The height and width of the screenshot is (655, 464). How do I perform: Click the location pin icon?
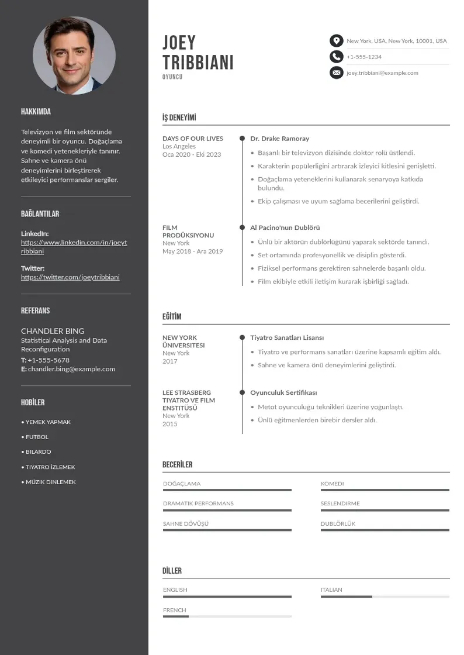336,41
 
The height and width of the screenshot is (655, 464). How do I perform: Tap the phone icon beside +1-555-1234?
336,57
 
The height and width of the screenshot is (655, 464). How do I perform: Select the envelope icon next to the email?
336,73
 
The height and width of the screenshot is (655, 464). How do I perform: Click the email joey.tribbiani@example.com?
382,73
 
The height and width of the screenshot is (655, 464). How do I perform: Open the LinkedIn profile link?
74,247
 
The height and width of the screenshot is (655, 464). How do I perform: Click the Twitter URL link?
70,277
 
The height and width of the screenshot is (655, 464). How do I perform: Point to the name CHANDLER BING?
53,331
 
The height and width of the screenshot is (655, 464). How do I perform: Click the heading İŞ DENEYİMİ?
179,118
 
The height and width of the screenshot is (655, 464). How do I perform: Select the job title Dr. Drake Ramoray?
279,139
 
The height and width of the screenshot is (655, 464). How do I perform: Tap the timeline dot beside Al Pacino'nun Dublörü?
242,227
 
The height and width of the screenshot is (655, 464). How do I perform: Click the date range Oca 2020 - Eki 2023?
192,154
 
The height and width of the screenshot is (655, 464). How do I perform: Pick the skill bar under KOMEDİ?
385,490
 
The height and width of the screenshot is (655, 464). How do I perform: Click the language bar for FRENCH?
227,616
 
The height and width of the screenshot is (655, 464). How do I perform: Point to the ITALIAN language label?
331,590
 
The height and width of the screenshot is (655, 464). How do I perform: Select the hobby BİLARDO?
38,452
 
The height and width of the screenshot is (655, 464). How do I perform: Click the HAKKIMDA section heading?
36,112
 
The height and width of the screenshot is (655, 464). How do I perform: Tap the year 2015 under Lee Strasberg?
169,424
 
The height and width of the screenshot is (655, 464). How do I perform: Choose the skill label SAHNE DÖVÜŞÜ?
186,524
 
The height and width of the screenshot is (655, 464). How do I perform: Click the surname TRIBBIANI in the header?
198,63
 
